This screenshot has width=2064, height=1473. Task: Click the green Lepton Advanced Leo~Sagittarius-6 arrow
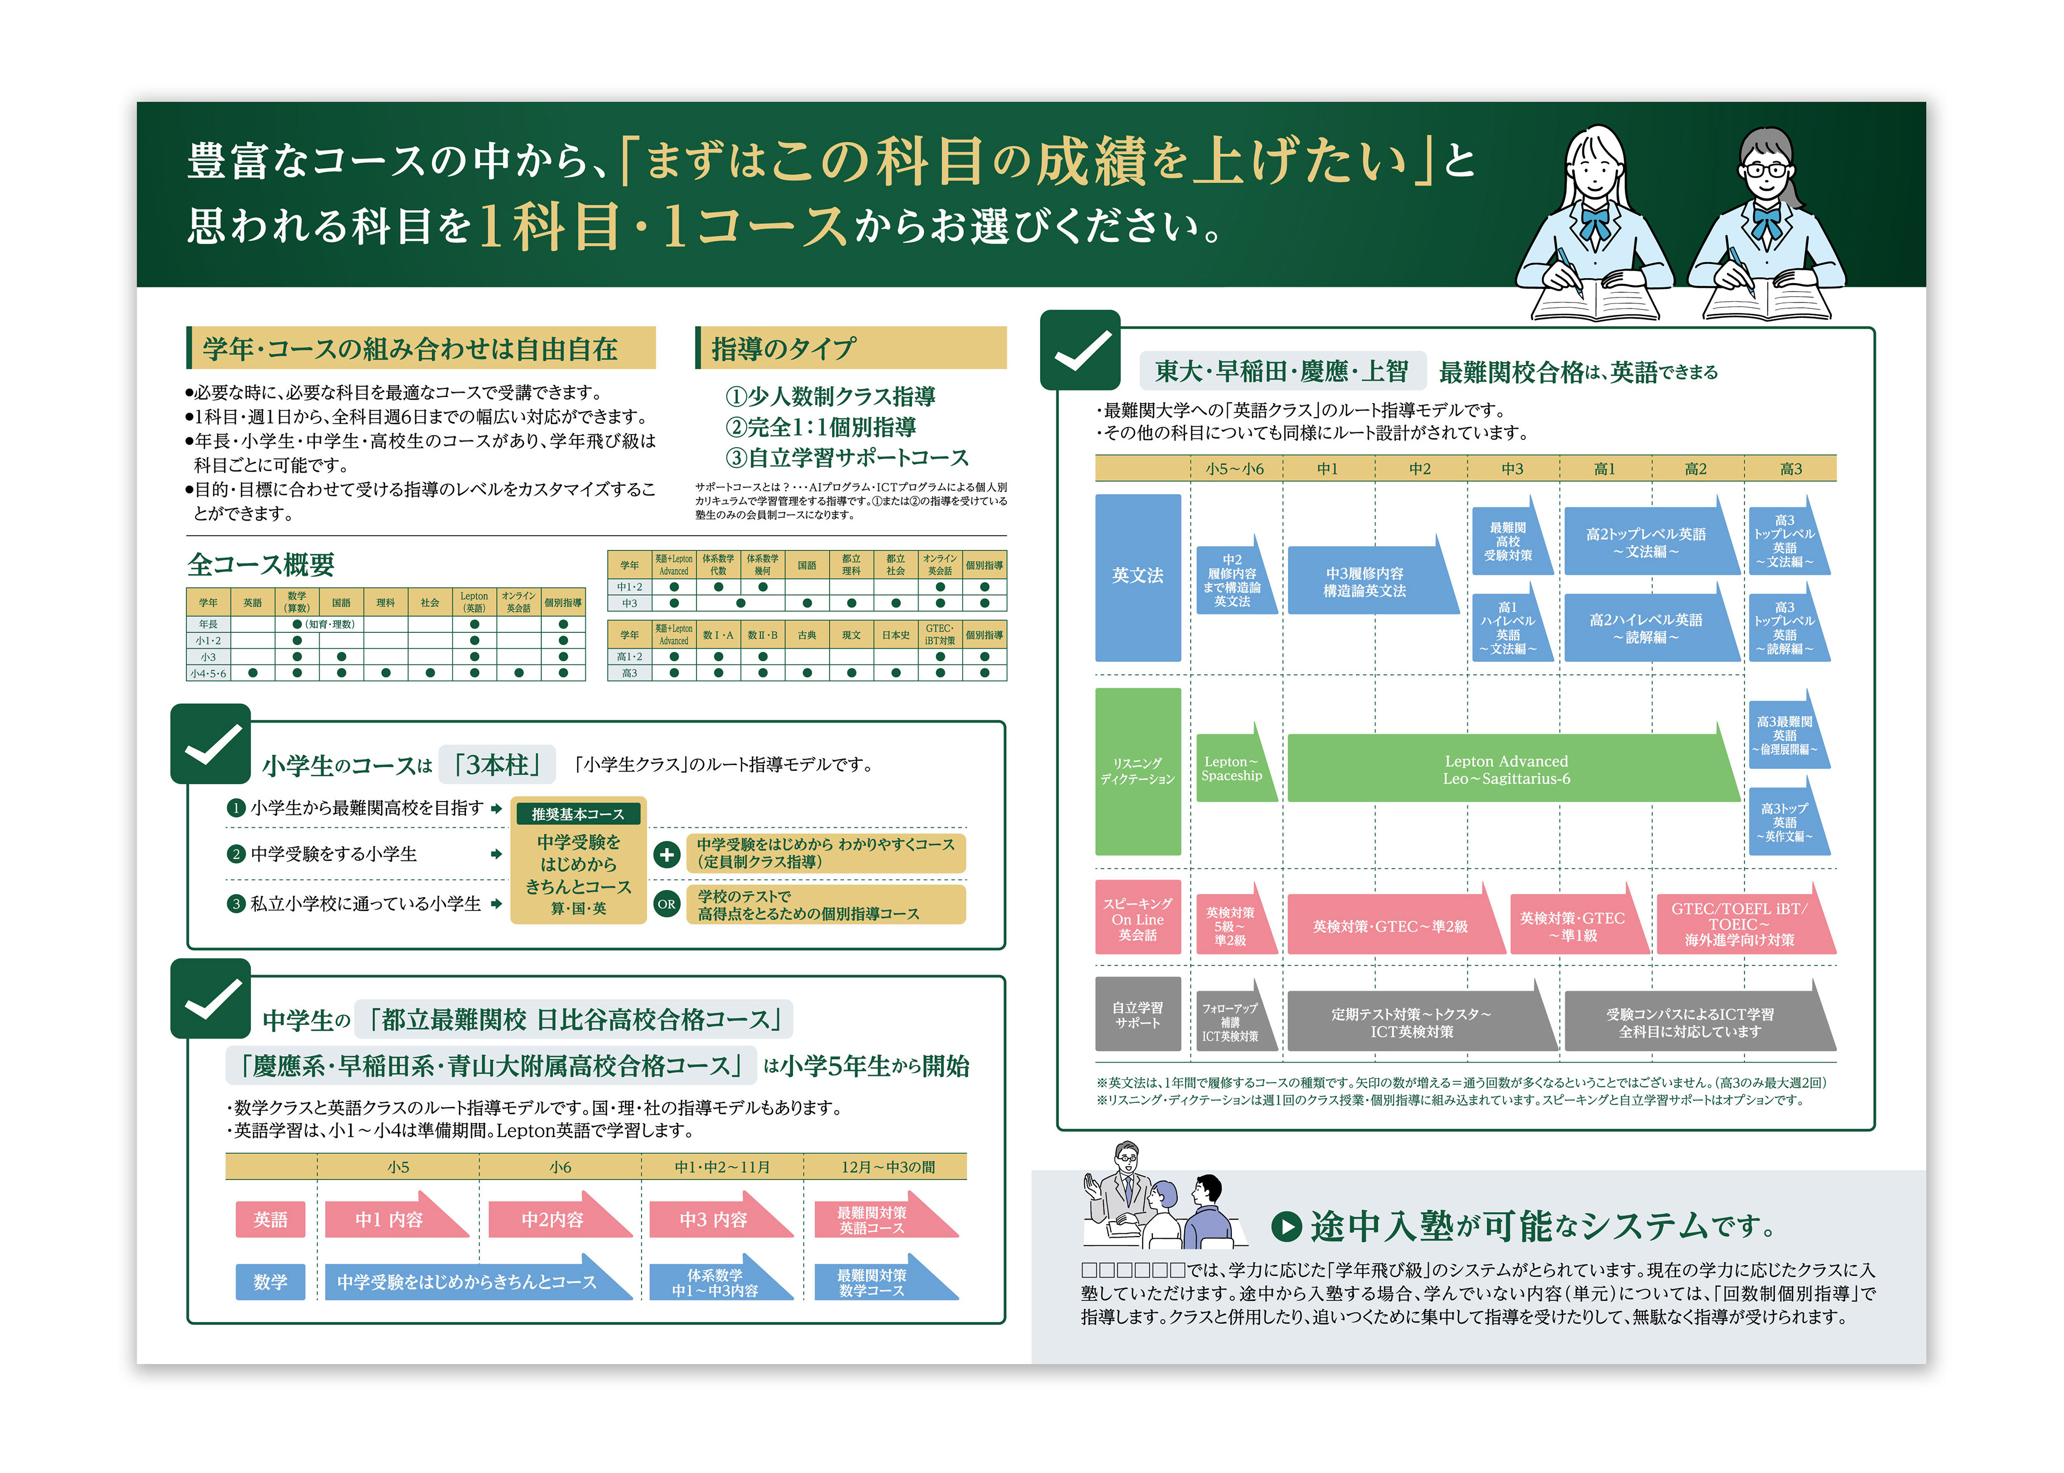coord(1506,769)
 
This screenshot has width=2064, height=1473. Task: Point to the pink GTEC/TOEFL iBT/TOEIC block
coord(1739,923)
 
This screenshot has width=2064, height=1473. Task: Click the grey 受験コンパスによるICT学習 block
coord(1689,1022)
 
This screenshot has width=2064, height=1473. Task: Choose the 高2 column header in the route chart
coord(1695,469)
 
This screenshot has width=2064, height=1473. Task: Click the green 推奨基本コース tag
coord(578,814)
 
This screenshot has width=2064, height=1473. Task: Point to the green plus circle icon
coord(667,854)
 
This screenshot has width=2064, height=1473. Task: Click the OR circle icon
coord(667,904)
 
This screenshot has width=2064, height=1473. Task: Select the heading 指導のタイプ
coord(784,348)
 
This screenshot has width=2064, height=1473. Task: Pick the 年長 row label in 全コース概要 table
coord(208,624)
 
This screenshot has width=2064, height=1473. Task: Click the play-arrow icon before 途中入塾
coord(1286,1226)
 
